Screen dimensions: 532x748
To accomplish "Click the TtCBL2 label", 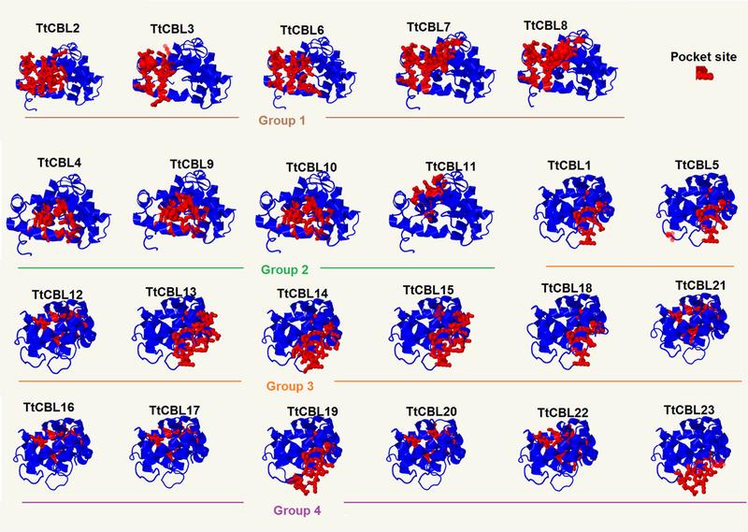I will coord(58,29).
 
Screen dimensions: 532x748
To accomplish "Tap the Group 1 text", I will coord(285,120).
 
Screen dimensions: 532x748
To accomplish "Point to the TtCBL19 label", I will coord(312,410).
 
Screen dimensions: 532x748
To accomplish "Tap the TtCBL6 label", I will coord(302,30).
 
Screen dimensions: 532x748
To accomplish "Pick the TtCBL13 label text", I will coord(171,292).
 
